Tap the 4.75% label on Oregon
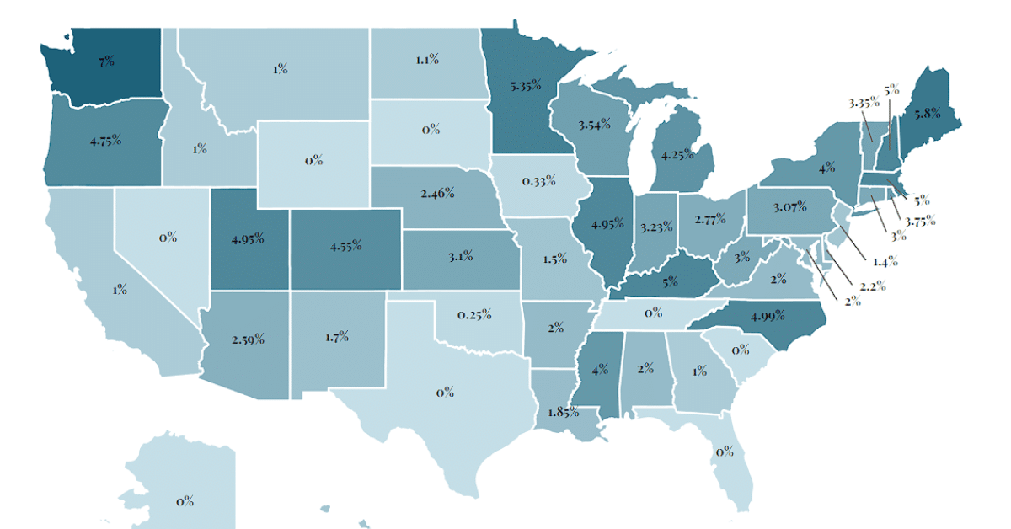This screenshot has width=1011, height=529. [105, 139]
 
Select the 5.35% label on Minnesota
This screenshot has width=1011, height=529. [525, 85]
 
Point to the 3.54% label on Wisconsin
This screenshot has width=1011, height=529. [595, 126]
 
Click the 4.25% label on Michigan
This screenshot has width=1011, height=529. [677, 155]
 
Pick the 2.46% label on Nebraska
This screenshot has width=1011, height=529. [437, 193]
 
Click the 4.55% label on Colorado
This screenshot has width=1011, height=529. [345, 246]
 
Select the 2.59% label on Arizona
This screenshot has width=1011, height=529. [248, 339]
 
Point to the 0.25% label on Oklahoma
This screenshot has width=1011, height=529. [474, 314]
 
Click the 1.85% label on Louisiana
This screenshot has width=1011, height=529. [562, 412]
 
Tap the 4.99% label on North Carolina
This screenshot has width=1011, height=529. [767, 316]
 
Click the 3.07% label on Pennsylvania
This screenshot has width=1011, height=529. [790, 206]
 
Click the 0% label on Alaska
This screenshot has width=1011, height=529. [185, 501]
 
